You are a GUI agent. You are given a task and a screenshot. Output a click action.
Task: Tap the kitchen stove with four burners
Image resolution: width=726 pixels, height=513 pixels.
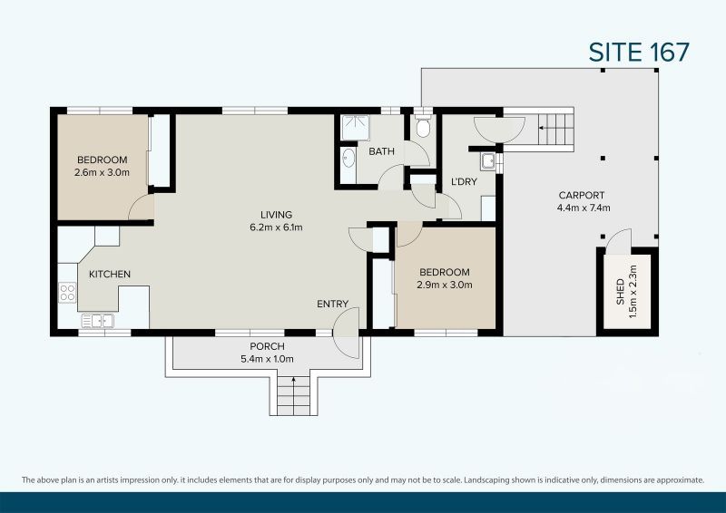(67, 292)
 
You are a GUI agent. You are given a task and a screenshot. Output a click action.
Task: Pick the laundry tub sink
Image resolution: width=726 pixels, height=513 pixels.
(488, 162)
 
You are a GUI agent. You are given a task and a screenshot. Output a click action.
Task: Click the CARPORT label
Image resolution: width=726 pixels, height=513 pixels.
(582, 195)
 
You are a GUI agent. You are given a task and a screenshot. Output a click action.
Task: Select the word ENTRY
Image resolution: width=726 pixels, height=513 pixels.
(331, 305)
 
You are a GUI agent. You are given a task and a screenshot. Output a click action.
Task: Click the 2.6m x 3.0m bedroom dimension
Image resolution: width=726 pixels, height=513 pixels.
(103, 172)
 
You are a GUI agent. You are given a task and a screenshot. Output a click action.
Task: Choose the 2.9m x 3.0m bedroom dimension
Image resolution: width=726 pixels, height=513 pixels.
(445, 285)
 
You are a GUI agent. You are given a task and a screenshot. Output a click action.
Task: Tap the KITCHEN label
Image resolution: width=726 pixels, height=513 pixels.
(110, 274)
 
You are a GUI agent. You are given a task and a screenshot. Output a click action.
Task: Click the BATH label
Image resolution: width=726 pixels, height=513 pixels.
(381, 151)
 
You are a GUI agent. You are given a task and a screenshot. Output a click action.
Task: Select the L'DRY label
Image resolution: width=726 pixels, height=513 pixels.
(464, 182)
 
